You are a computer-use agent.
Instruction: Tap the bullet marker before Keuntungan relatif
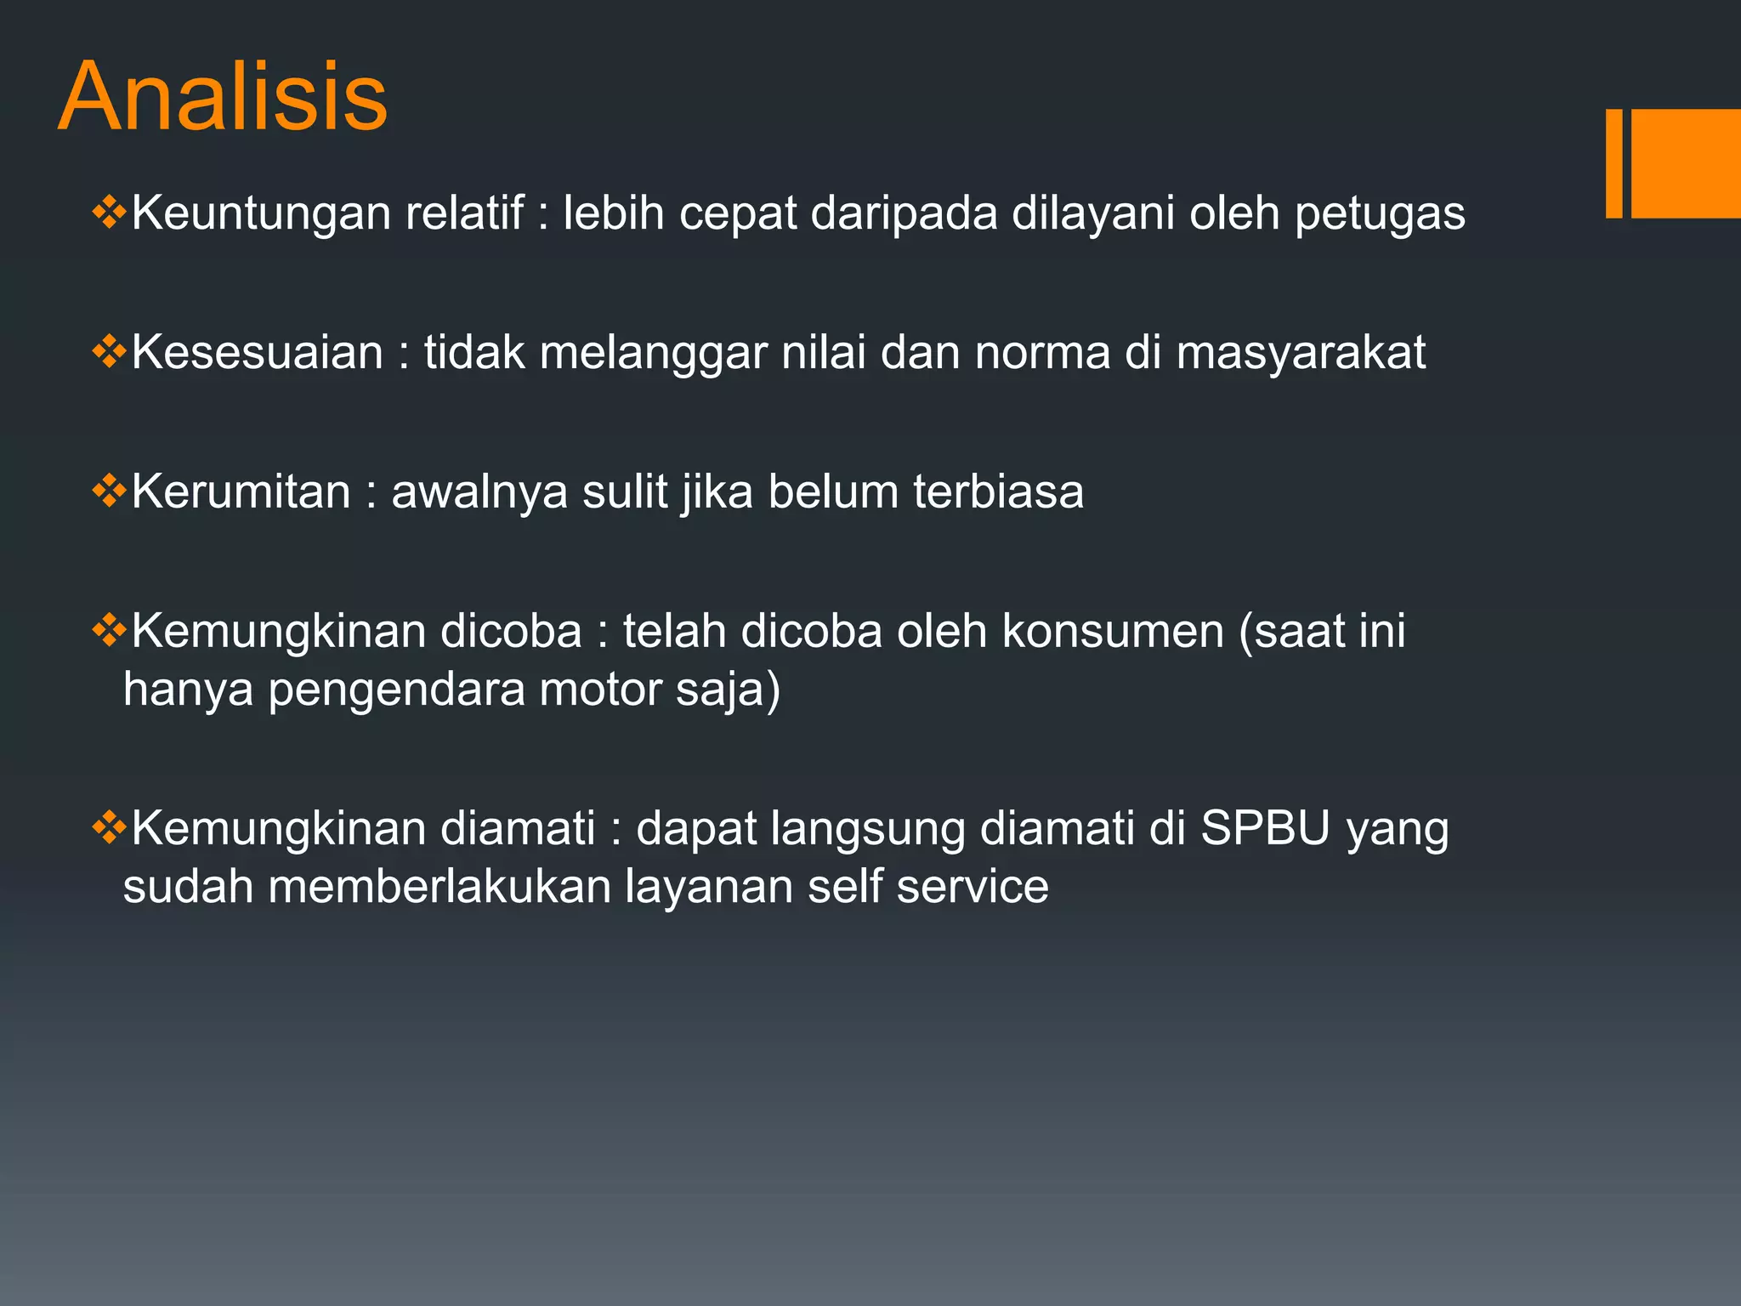click(109, 212)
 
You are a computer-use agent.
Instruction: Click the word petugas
click(1380, 213)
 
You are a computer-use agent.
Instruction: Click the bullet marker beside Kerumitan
click(109, 491)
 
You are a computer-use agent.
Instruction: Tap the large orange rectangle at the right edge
click(1686, 163)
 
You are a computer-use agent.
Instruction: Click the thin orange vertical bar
click(1613, 163)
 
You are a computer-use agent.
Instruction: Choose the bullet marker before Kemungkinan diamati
click(109, 827)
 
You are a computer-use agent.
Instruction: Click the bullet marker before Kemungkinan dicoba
click(109, 630)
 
